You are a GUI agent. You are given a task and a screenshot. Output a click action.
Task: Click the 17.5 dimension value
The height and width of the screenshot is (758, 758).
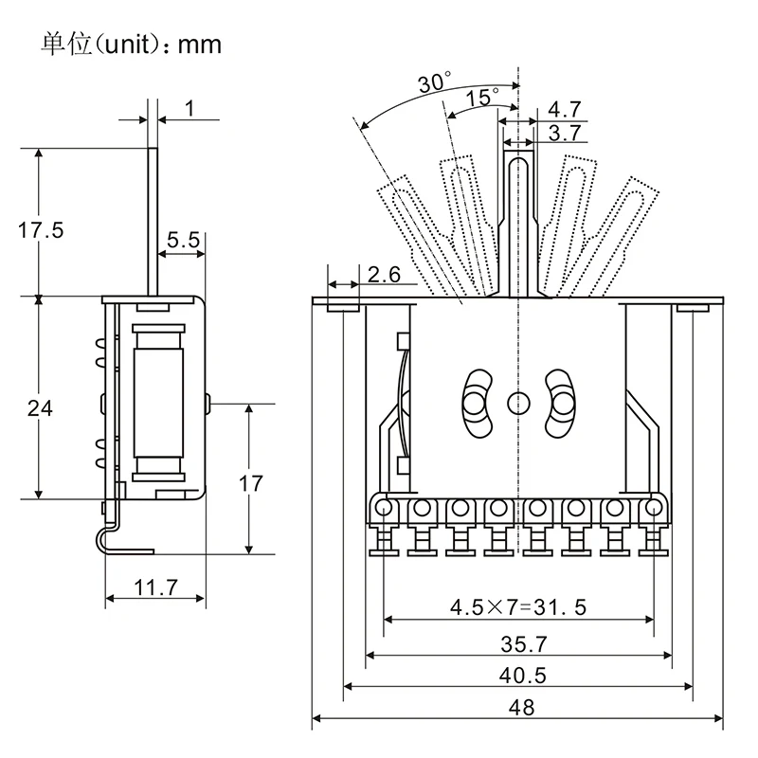pos(40,230)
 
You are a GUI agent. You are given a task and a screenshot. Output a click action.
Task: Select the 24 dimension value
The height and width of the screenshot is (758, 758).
pos(40,408)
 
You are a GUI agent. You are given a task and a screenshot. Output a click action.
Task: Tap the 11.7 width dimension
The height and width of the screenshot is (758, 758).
pos(155,587)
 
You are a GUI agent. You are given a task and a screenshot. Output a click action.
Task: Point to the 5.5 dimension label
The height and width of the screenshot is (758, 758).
pos(184,240)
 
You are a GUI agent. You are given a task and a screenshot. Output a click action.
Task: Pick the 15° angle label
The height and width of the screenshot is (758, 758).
pos(482,97)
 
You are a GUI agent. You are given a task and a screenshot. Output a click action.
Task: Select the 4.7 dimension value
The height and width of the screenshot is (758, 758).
pos(565,109)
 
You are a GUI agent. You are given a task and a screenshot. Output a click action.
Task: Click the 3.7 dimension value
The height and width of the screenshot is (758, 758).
pos(565,133)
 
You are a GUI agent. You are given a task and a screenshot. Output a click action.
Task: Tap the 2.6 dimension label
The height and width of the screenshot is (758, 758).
pos(384,275)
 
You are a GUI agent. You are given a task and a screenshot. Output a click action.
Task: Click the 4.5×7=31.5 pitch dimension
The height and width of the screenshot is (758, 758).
pos(517,606)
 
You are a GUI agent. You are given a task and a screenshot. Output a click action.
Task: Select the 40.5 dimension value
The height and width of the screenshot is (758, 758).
pos(520,676)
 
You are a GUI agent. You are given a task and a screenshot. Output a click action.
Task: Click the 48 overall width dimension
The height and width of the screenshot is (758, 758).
pos(520,707)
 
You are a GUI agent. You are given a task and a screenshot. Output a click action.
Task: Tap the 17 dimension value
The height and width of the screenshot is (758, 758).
pos(250,483)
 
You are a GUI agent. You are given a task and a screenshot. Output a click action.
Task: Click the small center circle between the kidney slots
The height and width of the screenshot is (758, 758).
pos(517,403)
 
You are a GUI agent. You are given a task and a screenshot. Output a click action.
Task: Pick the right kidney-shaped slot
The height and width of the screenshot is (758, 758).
pos(560,403)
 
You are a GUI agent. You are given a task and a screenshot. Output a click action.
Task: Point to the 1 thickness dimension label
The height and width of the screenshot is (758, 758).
pos(189,108)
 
